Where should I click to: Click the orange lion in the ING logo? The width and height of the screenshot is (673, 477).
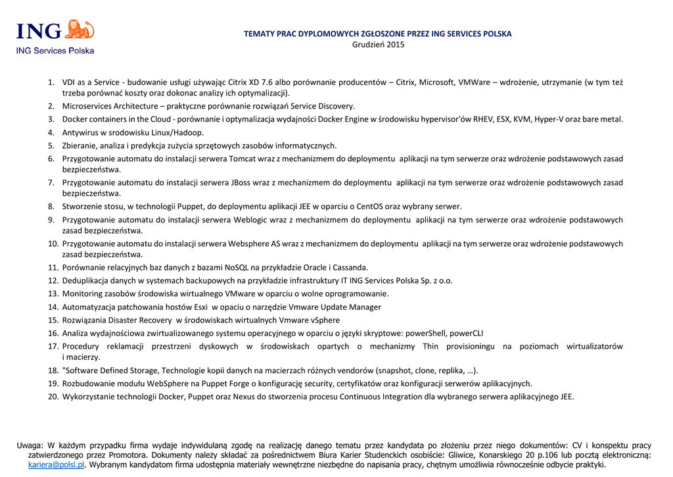pyautogui.click(x=81, y=30)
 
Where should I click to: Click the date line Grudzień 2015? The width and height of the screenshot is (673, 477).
pyautogui.click(x=378, y=45)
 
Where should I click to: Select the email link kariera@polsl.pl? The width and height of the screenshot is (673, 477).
pyautogui.click(x=57, y=464)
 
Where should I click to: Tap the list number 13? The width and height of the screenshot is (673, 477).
pyautogui.click(x=53, y=293)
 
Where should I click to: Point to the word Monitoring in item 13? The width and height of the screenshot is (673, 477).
pyautogui.click(x=83, y=293)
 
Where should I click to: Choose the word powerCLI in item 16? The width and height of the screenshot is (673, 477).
pyautogui.click(x=466, y=333)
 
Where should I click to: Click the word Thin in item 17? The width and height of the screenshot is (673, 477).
pyautogui.click(x=430, y=346)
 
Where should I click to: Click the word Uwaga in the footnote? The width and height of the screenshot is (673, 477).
pyautogui.click(x=30, y=445)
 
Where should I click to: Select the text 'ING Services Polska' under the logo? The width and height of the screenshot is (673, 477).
pyautogui.click(x=55, y=51)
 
